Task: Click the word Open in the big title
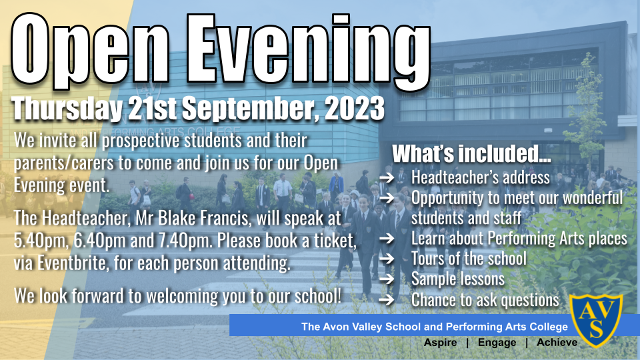[91, 51]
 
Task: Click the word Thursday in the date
[67, 109]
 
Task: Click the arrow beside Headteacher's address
[387, 177]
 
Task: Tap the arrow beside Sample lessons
[387, 279]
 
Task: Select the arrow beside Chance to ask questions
[387, 300]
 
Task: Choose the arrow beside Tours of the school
[387, 259]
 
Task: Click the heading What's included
[471, 153]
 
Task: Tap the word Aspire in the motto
[440, 343]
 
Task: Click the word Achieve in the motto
[557, 342]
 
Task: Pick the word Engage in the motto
[497, 343]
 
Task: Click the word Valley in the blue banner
[367, 327]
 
